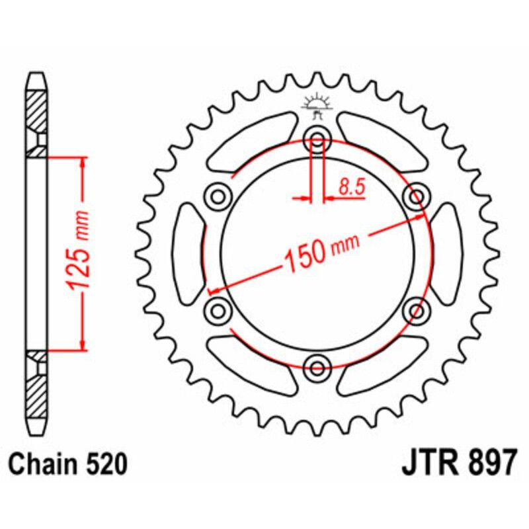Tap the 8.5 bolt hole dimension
pos(352,187)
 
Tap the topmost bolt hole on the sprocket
pos(317,140)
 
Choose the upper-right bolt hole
pos(417,196)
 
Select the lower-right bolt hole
pos(417,310)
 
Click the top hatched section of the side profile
pos(37,109)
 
